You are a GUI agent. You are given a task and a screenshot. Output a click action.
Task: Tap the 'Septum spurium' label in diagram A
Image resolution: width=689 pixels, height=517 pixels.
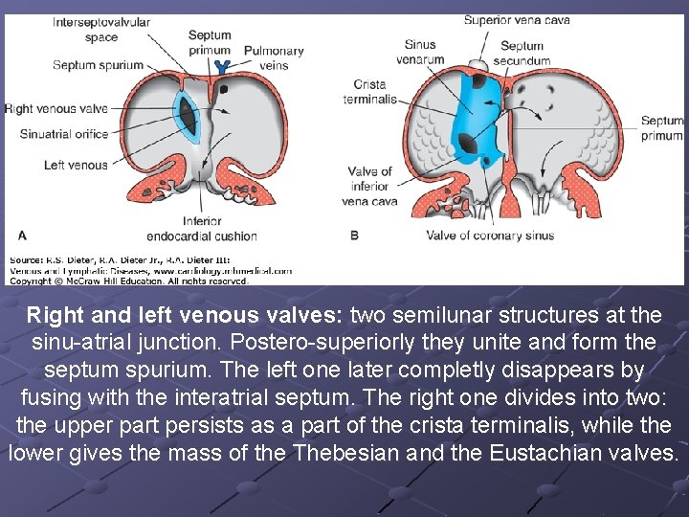[98, 65]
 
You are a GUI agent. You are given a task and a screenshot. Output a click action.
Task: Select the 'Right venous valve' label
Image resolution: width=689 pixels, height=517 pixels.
[56, 108]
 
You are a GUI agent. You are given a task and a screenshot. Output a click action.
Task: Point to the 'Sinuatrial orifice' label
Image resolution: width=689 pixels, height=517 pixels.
[64, 134]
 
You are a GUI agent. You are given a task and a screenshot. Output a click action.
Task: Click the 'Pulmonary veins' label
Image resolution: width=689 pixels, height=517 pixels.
[274, 57]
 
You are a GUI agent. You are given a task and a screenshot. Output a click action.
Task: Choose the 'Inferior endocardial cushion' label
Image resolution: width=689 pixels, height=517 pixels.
[201, 228]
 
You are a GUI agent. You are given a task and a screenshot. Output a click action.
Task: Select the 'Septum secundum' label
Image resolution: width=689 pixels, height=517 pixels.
[522, 53]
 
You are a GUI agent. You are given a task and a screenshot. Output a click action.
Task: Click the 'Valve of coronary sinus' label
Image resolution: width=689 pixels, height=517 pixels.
[490, 235]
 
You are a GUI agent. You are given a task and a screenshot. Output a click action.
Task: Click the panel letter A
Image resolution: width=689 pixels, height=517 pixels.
[22, 235]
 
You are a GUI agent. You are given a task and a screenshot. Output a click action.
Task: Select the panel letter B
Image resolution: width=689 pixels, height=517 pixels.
[354, 235]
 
